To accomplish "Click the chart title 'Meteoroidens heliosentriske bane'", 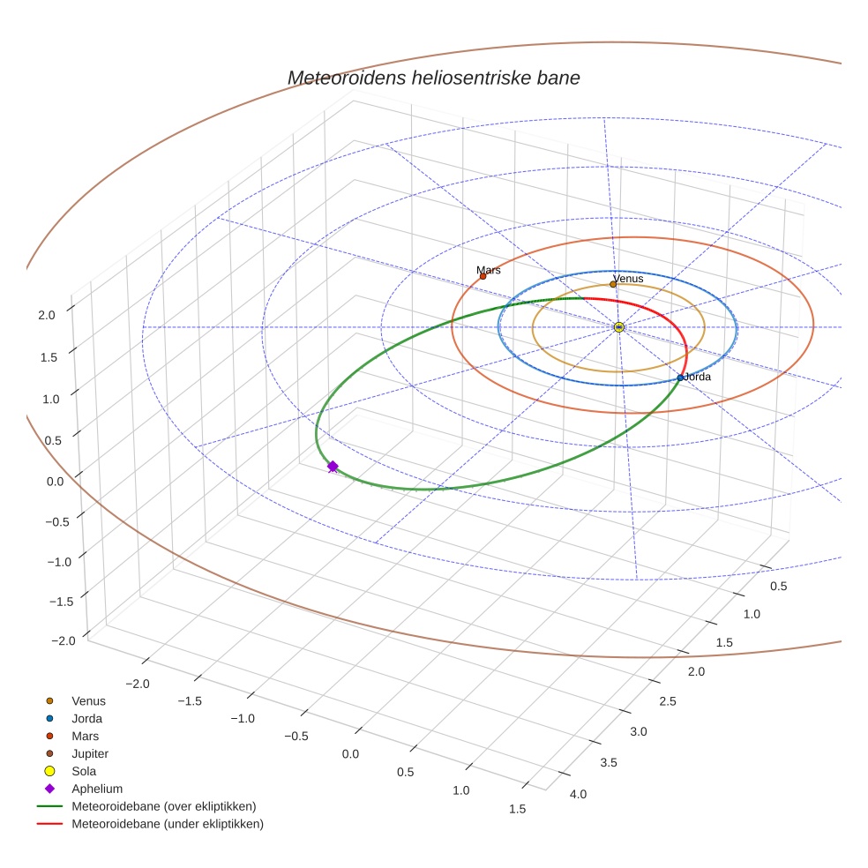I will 433,78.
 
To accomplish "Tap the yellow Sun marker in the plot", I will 618,327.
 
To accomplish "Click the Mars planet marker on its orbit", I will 483,276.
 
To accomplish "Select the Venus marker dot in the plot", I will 613,284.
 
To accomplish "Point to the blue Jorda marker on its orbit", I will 680,378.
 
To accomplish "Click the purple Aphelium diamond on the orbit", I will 333,467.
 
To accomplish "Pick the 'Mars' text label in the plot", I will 489,270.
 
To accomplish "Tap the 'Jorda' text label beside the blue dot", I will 698,377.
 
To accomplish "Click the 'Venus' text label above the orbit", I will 628,279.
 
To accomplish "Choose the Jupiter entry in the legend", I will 90,753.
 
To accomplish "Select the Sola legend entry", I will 84,771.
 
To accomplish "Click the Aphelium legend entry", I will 97,789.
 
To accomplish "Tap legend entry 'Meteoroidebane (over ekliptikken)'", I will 163,806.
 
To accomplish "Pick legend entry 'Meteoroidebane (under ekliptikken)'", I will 168,824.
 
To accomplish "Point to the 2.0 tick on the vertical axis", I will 48,314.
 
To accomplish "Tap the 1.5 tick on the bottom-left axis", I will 517,809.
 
